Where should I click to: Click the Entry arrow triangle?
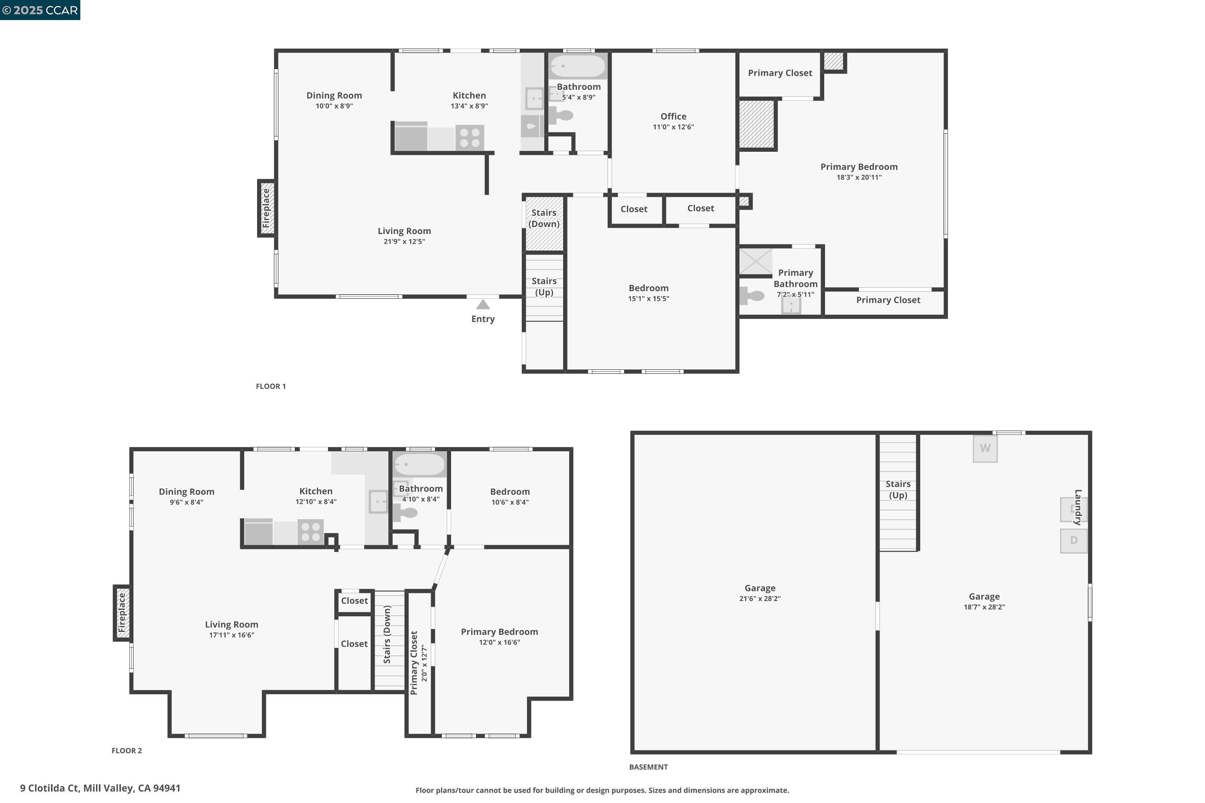pos(483,305)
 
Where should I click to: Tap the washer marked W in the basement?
pos(985,448)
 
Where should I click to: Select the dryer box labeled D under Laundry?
pos(1073,540)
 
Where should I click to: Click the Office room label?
pos(673,117)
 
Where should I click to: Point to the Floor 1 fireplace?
pos(266,208)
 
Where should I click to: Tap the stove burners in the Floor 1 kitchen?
pos(469,138)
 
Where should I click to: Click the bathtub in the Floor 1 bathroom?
pos(578,66)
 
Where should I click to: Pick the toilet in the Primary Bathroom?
pos(752,296)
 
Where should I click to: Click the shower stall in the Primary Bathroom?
pos(755,261)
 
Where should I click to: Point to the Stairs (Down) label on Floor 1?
pos(543,218)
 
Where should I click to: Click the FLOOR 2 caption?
pos(127,751)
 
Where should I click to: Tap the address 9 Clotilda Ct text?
pos(100,788)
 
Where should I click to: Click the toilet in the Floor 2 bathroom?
pos(405,513)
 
